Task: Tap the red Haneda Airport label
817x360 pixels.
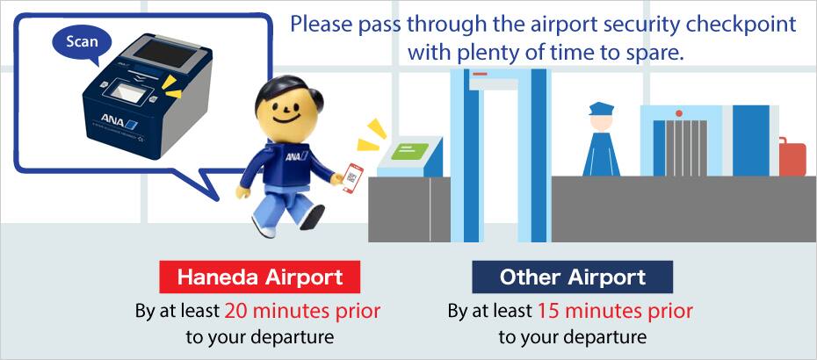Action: pos(259,277)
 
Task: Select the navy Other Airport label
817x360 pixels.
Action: pos(572,277)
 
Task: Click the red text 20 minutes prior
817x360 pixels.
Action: pos(303,311)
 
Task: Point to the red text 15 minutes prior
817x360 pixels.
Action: pos(615,311)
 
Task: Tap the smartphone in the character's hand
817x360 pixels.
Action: pos(353,177)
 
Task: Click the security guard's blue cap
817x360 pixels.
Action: pos(601,109)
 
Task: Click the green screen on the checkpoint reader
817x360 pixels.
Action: pos(409,150)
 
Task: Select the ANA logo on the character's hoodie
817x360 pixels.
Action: pos(296,155)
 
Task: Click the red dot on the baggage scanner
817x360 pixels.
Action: pos(678,113)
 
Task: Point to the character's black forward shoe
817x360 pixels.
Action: pos(312,216)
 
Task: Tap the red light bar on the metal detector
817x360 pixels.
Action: pos(480,74)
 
